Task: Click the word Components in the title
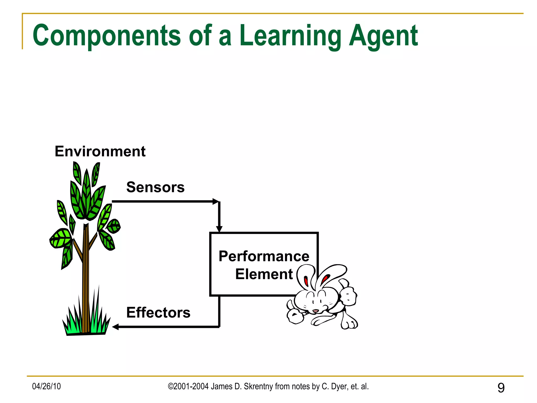pyautogui.click(x=106, y=35)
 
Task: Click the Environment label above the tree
pyautogui.click(x=100, y=151)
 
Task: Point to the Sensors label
pyautogui.click(x=155, y=187)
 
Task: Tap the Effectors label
pyautogui.click(x=158, y=312)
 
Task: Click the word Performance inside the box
pyautogui.click(x=264, y=256)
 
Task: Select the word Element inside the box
pyautogui.click(x=264, y=274)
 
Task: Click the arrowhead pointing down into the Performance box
pyautogui.click(x=219, y=229)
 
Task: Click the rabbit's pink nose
pyautogui.click(x=315, y=311)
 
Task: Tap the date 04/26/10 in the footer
pyautogui.click(x=46, y=386)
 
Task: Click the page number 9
pyautogui.click(x=501, y=388)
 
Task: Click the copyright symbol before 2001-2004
pyautogui.click(x=171, y=386)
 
